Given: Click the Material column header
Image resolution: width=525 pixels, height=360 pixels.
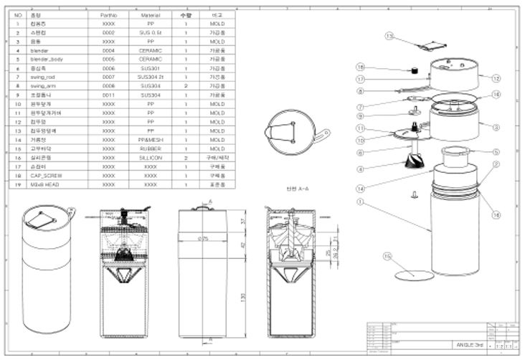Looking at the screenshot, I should [x=150, y=14].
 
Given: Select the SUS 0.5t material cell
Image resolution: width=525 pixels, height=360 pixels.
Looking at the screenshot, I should [x=150, y=32].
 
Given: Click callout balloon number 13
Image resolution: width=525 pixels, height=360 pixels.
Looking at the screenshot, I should [x=389, y=35].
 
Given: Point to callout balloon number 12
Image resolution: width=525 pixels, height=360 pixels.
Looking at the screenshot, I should [x=496, y=77].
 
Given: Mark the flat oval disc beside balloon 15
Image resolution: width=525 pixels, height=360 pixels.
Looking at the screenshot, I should [x=415, y=274].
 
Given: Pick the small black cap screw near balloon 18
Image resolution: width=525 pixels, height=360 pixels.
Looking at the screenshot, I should [x=414, y=70].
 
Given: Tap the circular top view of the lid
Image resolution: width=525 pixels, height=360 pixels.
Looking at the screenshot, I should [x=290, y=133].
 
